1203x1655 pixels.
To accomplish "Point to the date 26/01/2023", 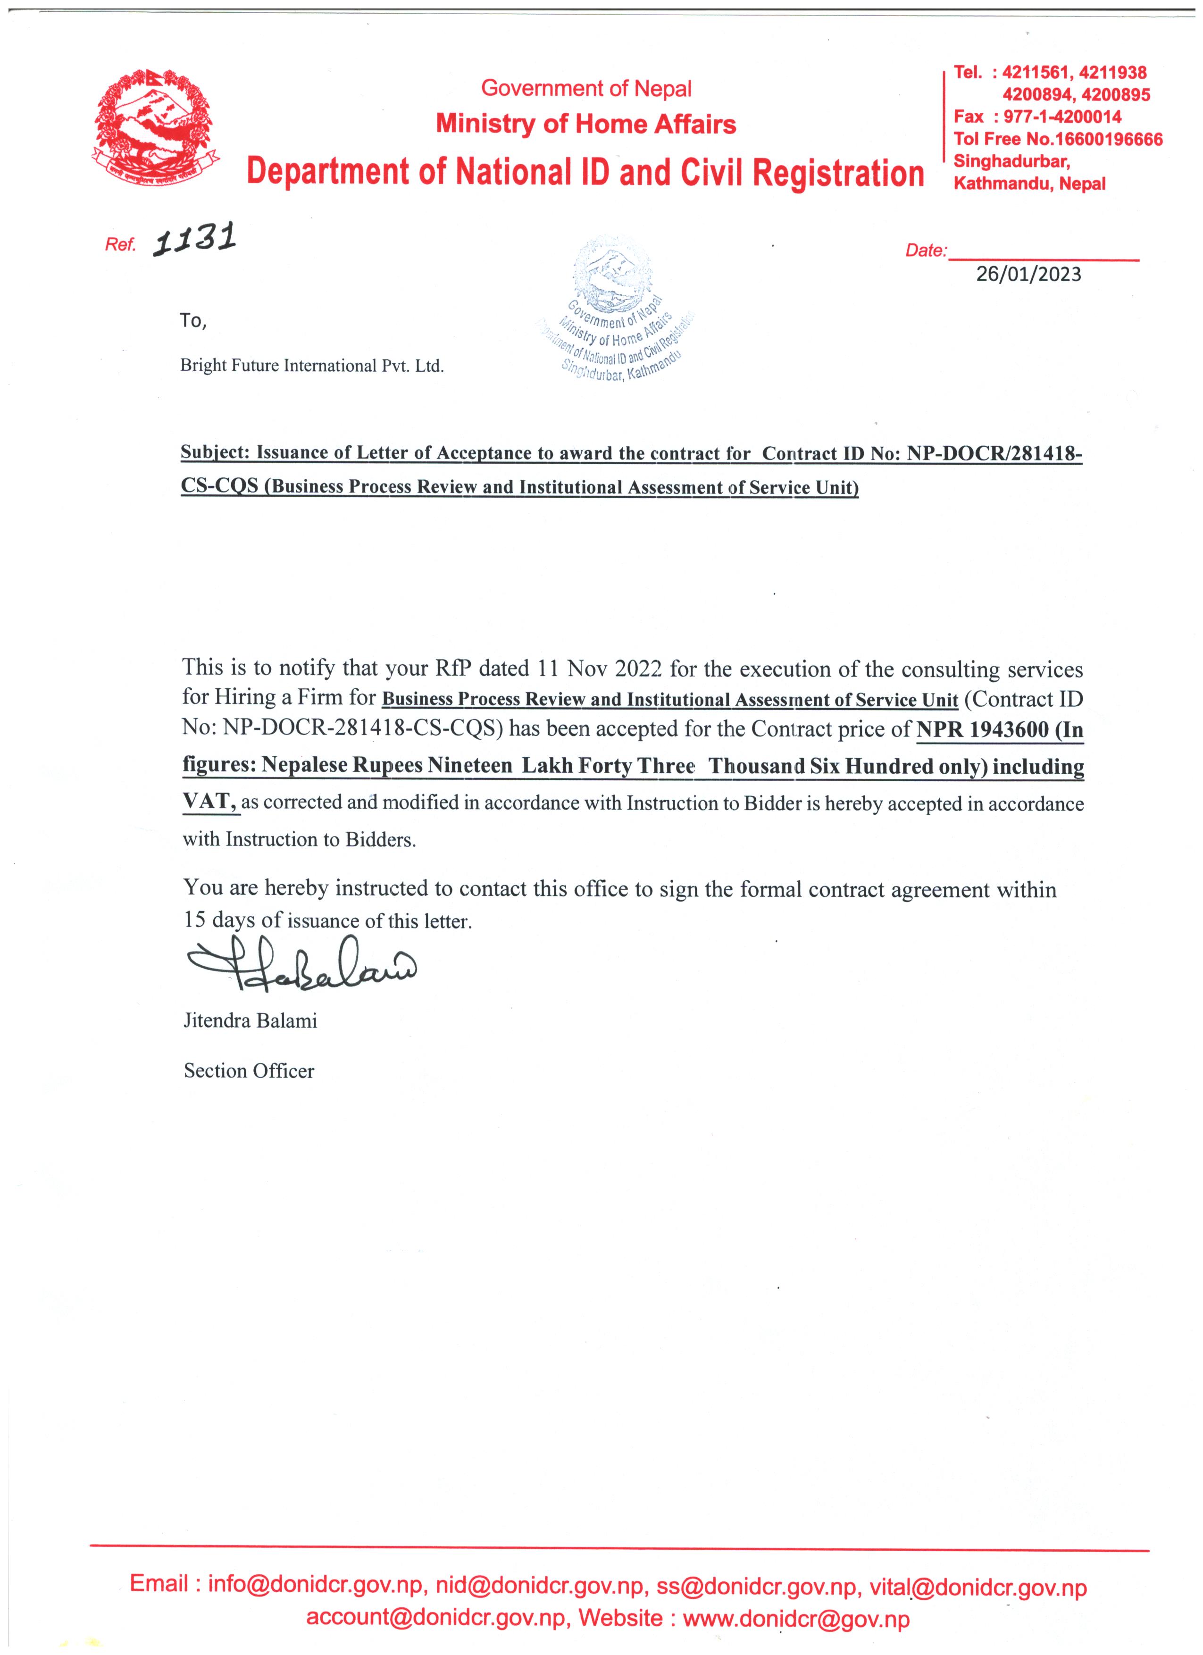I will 1028,275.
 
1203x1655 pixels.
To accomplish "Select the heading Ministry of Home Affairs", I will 586,124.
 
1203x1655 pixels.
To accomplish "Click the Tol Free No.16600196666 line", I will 1058,139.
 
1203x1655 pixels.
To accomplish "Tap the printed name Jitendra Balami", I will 250,1020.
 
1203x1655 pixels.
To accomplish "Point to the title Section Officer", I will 249,1070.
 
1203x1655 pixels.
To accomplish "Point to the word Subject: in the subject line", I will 216,453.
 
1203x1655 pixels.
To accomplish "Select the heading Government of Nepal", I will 586,89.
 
